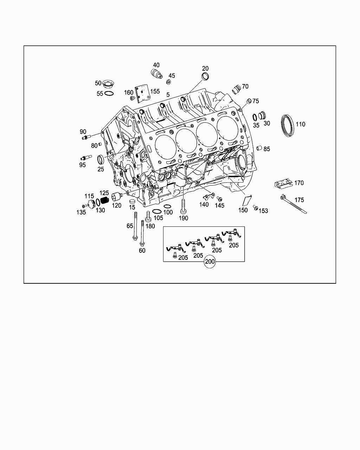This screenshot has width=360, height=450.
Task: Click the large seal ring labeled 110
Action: click(x=282, y=126)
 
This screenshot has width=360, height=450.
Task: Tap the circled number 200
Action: click(x=210, y=261)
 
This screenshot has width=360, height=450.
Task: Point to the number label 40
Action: click(x=156, y=65)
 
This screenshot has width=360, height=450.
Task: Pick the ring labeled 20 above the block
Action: click(x=205, y=77)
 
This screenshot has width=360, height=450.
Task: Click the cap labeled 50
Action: click(x=108, y=84)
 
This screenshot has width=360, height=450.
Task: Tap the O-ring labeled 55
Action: click(x=109, y=93)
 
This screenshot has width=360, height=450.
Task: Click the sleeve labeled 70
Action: click(x=237, y=89)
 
